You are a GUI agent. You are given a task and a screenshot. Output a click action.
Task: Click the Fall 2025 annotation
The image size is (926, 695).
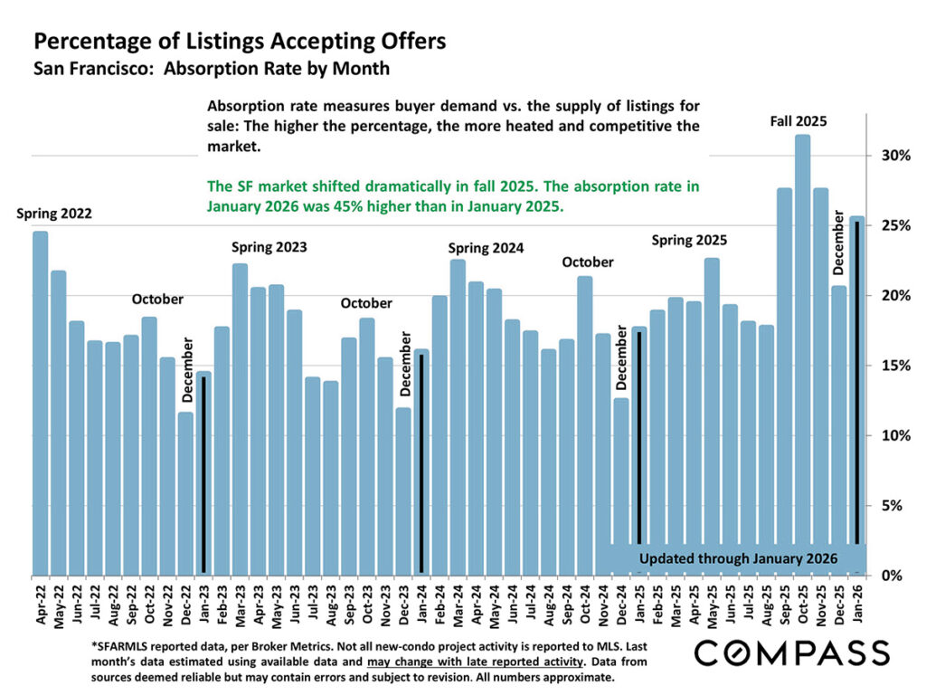pos(798,120)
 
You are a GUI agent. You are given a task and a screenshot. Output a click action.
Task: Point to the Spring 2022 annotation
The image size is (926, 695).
pos(54,214)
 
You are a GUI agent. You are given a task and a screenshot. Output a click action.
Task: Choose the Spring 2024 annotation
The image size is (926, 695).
pos(487,247)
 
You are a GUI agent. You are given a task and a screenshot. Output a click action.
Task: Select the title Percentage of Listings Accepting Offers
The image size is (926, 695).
pos(240,42)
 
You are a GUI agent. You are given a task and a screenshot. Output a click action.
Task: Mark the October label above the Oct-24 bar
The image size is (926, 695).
pos(588,262)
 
